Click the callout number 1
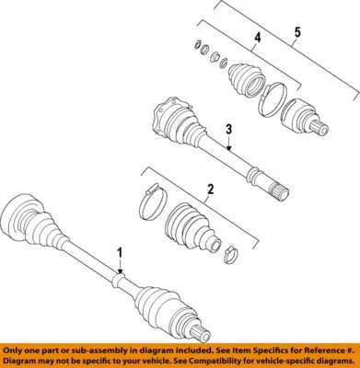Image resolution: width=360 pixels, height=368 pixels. coord(118,250)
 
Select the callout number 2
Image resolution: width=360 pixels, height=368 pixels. coord(210,190)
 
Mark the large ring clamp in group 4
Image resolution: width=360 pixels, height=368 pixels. coord(273,98)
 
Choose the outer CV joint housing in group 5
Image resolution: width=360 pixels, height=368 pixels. coord(299,118)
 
